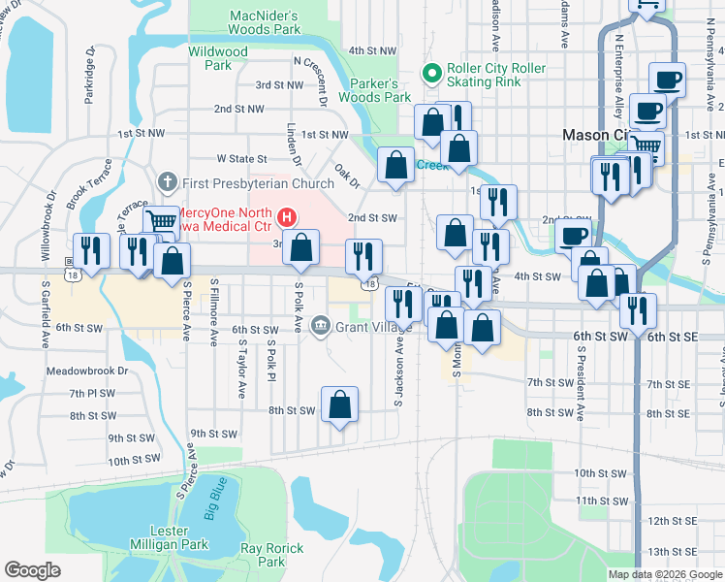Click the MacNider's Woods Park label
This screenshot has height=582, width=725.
point(265,22)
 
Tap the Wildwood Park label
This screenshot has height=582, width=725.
point(218,58)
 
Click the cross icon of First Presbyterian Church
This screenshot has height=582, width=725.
point(167,181)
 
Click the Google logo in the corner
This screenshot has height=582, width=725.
point(33,570)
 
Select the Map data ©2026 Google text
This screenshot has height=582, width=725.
point(665,574)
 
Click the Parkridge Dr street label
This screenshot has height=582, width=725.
point(89,75)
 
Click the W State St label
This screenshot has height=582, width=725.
point(241,158)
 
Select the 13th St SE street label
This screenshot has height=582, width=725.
point(673,552)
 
